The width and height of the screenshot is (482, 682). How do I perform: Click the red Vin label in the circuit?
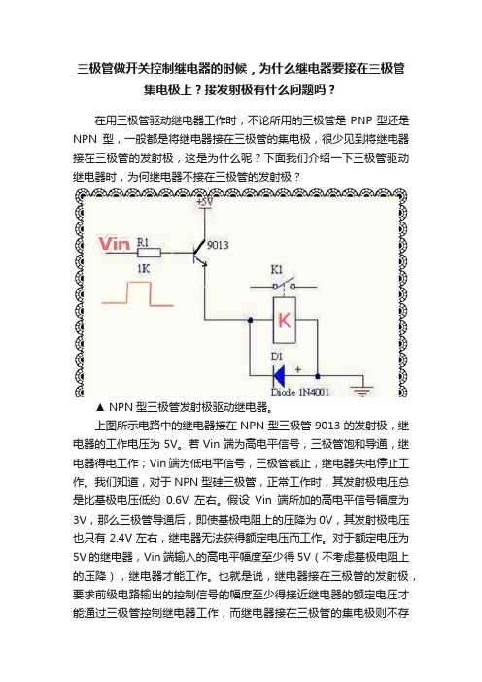click(114, 244)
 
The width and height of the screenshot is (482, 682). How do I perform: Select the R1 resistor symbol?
click(149, 253)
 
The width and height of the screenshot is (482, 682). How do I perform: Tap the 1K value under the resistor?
click(143, 269)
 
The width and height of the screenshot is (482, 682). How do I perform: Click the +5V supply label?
click(204, 202)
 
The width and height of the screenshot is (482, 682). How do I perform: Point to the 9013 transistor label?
click(218, 245)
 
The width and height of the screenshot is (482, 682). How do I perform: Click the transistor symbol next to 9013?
click(199, 254)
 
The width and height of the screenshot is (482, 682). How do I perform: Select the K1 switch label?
click(277, 270)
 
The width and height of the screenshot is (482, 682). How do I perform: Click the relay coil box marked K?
click(284, 321)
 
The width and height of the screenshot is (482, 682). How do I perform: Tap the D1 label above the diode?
click(277, 358)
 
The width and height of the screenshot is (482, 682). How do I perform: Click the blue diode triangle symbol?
click(278, 375)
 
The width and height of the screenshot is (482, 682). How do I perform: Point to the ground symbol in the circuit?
click(361, 390)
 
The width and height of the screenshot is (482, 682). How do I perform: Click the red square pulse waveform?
click(137, 293)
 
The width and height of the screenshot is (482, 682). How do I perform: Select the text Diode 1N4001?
click(300, 392)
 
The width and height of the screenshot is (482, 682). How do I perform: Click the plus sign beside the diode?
click(298, 370)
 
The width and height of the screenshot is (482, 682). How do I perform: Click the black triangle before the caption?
click(100, 407)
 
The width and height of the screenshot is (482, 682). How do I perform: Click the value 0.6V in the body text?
click(177, 500)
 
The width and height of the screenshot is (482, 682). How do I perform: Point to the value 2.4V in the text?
click(120, 538)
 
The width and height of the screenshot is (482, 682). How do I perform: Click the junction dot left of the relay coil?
click(250, 320)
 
